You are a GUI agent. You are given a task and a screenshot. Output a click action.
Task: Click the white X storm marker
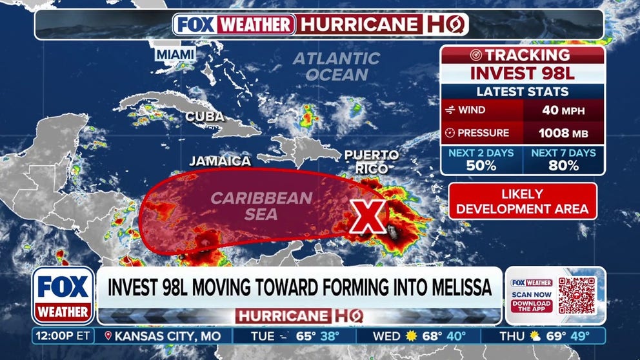click(x=367, y=217)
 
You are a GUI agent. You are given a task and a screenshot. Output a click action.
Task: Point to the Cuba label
click(x=205, y=117)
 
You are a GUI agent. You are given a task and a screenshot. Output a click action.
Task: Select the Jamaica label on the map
click(x=220, y=161)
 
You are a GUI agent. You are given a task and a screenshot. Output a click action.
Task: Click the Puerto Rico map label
click(x=371, y=161)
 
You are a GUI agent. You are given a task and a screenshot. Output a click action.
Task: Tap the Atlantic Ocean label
click(x=337, y=66)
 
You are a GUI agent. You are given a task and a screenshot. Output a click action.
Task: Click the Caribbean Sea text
click(x=261, y=205)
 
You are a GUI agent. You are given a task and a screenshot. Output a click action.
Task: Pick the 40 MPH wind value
click(x=564, y=110)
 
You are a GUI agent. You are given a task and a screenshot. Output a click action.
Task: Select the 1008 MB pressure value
click(x=564, y=134)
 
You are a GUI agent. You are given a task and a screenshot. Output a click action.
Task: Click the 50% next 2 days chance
click(x=481, y=165)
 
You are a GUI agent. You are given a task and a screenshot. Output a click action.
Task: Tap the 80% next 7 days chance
click(x=563, y=165)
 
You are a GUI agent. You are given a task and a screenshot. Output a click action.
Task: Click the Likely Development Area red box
click(x=523, y=201)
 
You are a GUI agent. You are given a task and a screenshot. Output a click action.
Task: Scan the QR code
click(x=577, y=295)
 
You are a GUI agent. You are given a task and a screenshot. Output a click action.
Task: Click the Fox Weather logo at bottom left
click(x=63, y=295)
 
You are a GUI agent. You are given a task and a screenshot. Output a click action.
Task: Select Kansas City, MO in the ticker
click(x=163, y=335)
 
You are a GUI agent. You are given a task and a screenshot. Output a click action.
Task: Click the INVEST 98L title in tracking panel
click(x=523, y=72)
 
